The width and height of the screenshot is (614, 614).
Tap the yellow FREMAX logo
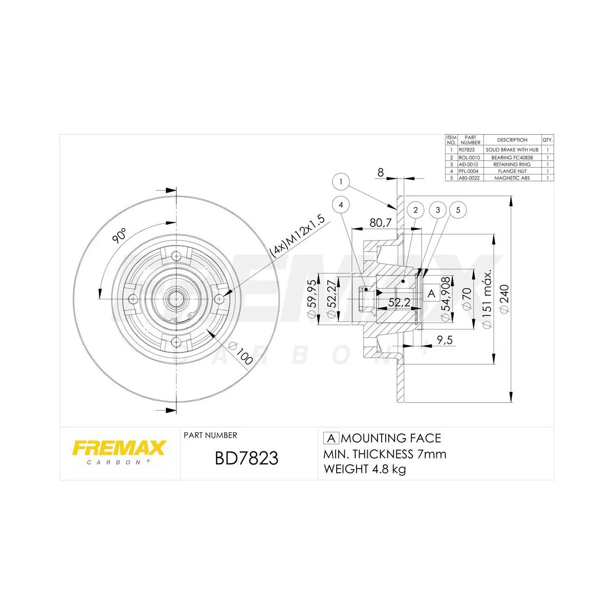tap(119, 448)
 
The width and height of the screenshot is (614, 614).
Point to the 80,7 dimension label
tap(380, 223)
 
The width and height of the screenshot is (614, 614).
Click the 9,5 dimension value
tap(445, 340)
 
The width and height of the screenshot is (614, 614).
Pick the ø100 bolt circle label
tap(242, 354)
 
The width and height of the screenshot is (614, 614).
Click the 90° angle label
tap(119, 236)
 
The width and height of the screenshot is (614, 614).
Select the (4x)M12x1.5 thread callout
tap(297, 235)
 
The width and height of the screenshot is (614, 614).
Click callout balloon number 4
tap(341, 205)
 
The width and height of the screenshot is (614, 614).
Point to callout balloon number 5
tap(458, 210)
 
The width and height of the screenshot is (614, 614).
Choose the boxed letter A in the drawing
tap(431, 293)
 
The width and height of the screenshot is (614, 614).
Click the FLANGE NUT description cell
tap(512, 171)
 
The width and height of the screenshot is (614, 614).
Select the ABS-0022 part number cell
tap(469, 178)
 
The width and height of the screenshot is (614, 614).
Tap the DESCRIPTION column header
tap(512, 140)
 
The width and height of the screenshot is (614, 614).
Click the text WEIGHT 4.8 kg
tap(365, 469)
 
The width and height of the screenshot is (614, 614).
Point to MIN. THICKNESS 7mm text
tap(385, 454)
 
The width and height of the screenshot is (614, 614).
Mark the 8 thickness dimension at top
tap(380, 172)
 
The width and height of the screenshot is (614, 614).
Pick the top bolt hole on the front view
tap(176, 256)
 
